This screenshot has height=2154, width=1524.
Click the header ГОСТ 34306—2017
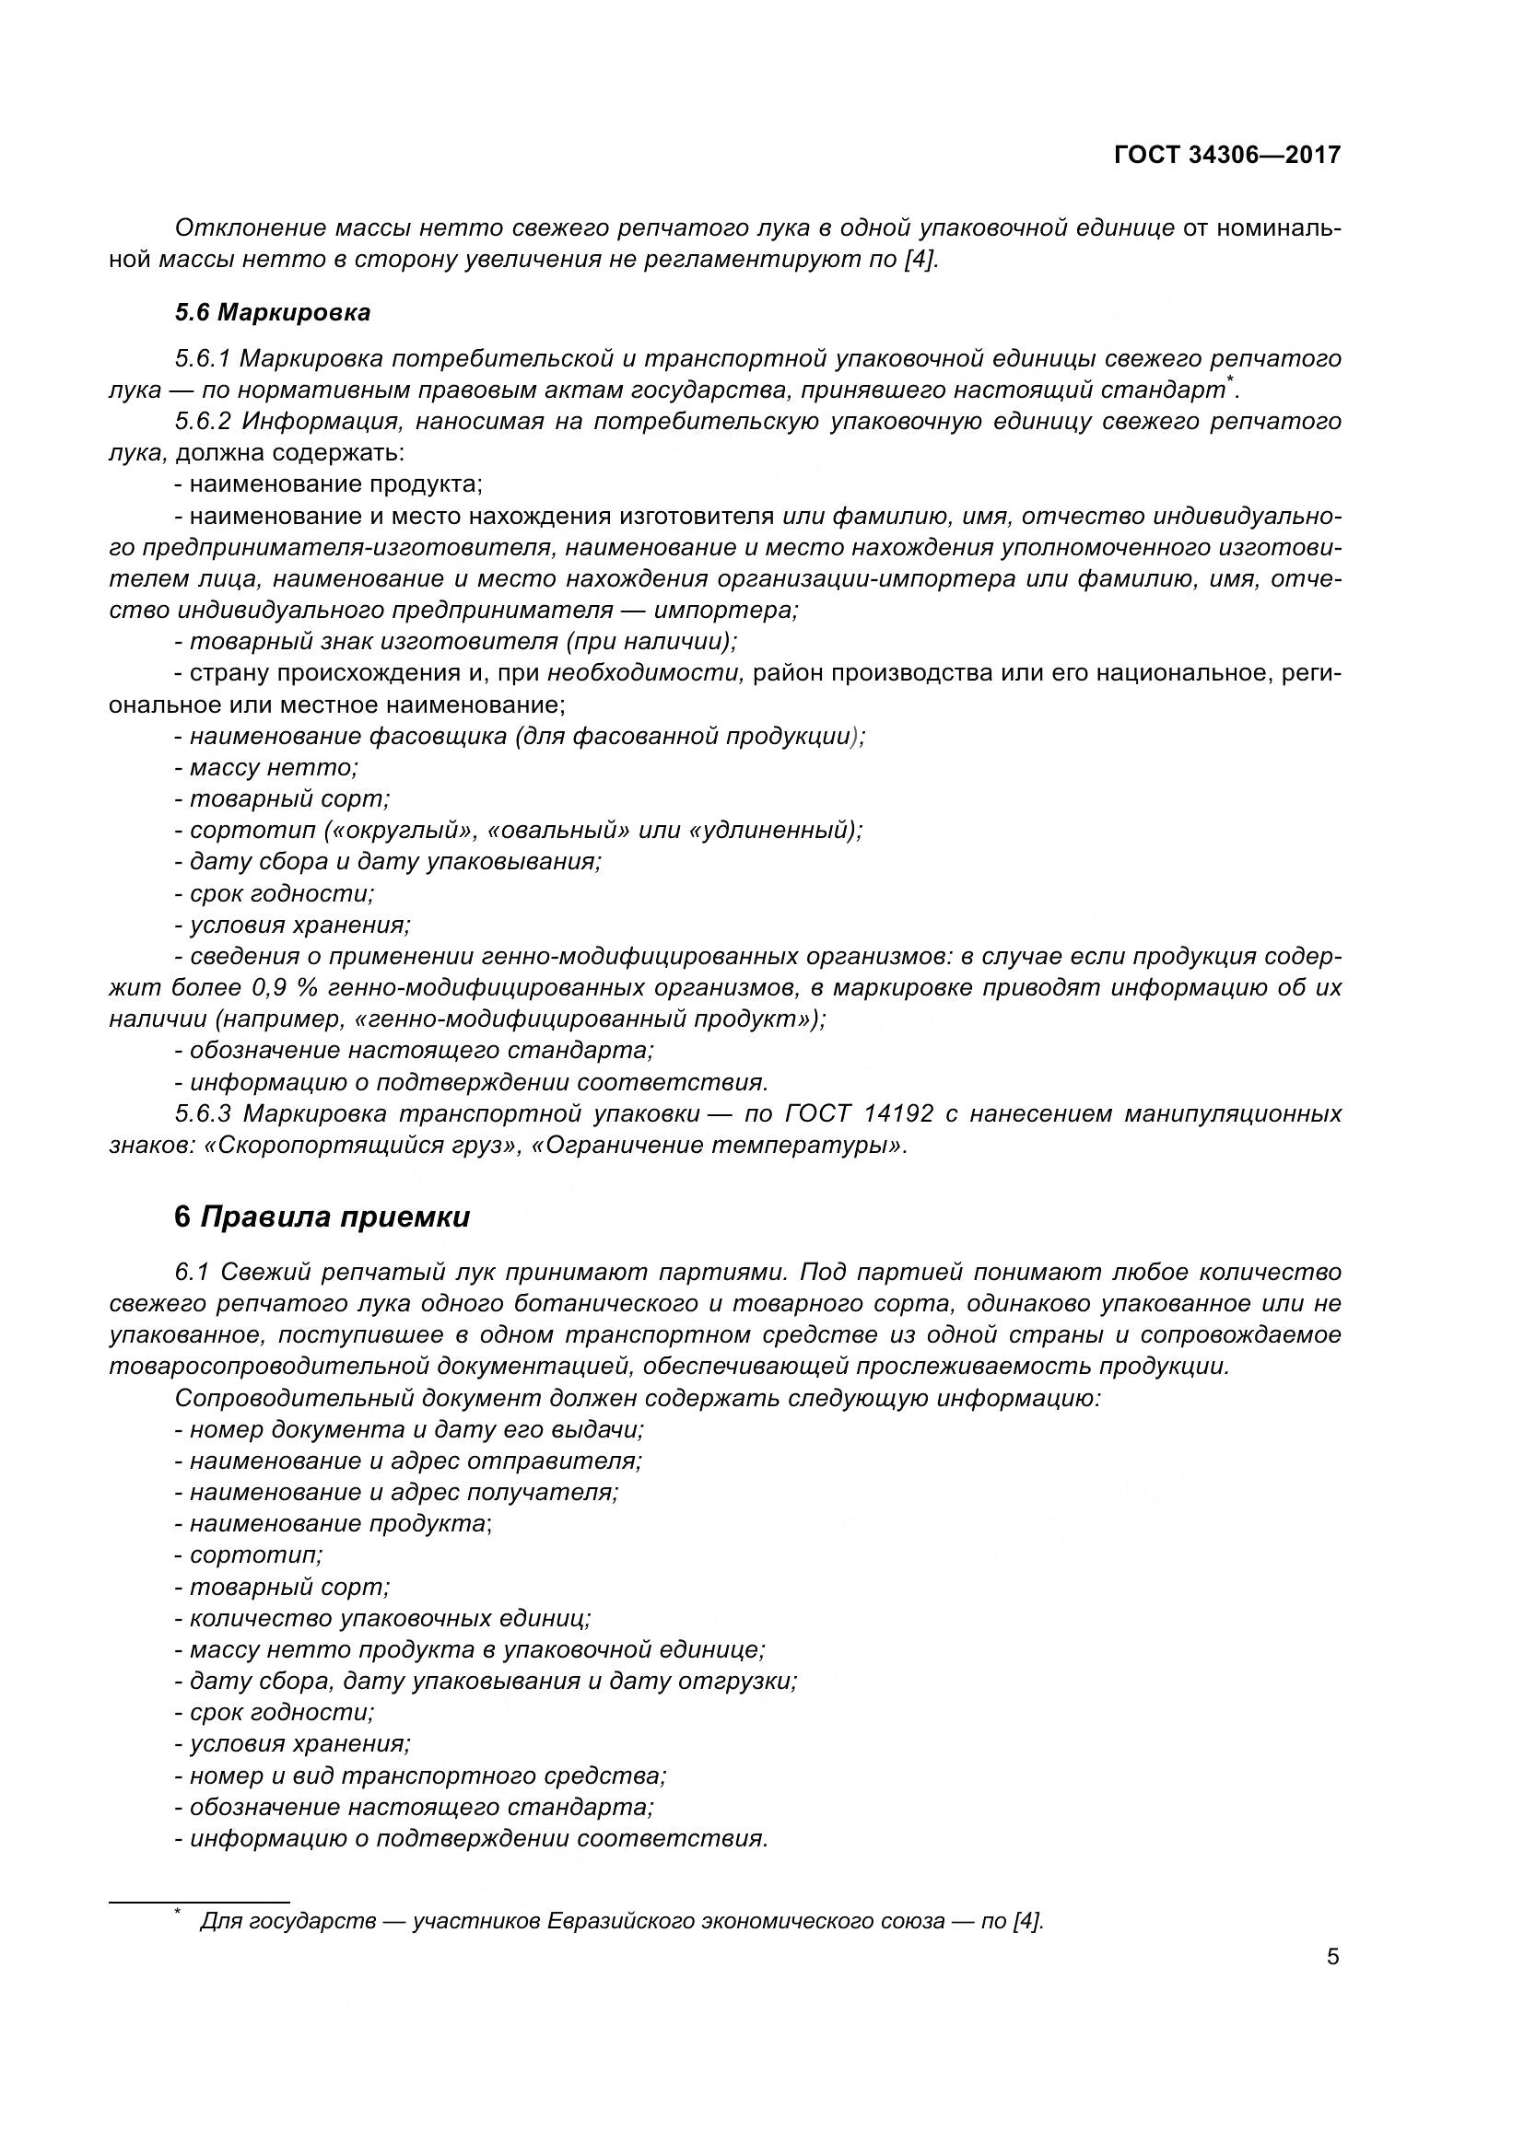[x=1226, y=155]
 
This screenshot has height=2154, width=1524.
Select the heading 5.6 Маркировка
[x=272, y=312]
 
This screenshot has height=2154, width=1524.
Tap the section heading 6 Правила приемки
[x=322, y=1217]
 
